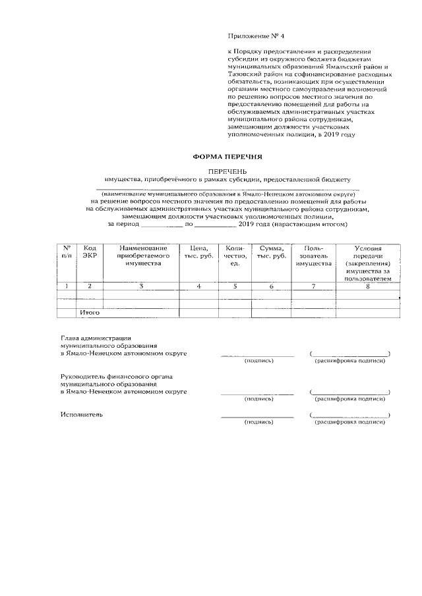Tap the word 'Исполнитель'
tap(81, 415)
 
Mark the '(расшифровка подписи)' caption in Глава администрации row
tap(349, 361)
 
